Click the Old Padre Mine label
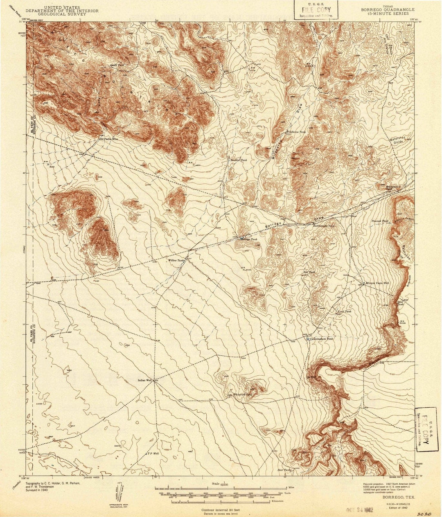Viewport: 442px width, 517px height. [108, 139]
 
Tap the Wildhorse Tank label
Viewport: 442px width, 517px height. [296, 132]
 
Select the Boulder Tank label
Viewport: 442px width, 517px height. [239, 160]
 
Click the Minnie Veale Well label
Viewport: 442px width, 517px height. [377, 283]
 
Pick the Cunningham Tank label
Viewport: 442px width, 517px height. [322, 339]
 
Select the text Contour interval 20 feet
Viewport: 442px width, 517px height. [221, 510]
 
